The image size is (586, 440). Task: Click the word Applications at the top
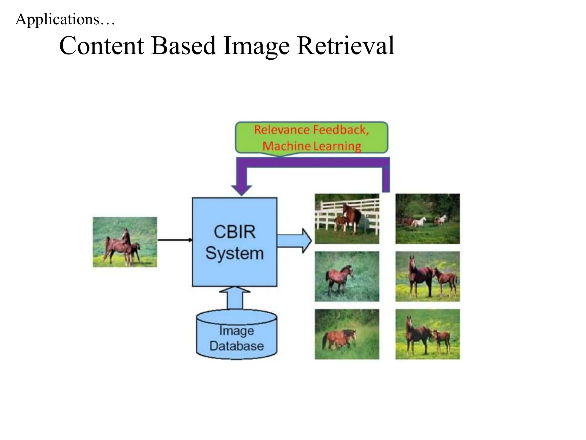[57, 19]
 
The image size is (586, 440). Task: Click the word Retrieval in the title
[346, 46]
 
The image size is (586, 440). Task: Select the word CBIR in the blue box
[234, 232]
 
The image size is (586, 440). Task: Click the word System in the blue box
[234, 253]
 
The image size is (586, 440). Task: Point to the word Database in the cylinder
[236, 346]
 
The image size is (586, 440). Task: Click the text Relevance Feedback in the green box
[311, 130]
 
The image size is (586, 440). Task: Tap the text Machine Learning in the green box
[311, 146]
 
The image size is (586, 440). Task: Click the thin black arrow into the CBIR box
[175, 240]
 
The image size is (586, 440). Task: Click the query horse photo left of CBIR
[125, 242]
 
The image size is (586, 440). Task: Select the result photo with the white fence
[347, 219]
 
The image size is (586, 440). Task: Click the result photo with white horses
[427, 219]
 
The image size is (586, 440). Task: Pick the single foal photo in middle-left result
[347, 276]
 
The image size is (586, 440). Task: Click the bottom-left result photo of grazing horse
[347, 334]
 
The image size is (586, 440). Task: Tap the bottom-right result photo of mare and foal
[427, 334]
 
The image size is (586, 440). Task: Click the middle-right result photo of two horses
[427, 276]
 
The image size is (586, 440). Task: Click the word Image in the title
[256, 46]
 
